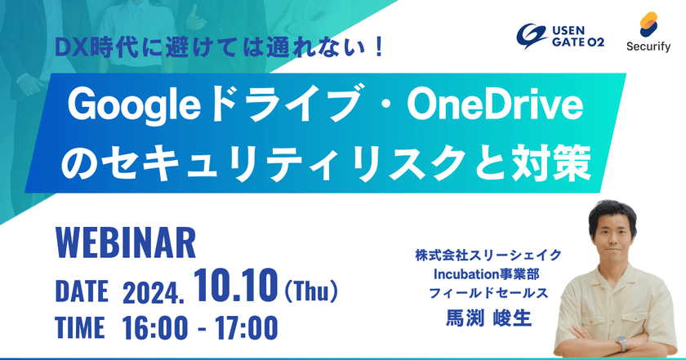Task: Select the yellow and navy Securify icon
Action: coord(646,24)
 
